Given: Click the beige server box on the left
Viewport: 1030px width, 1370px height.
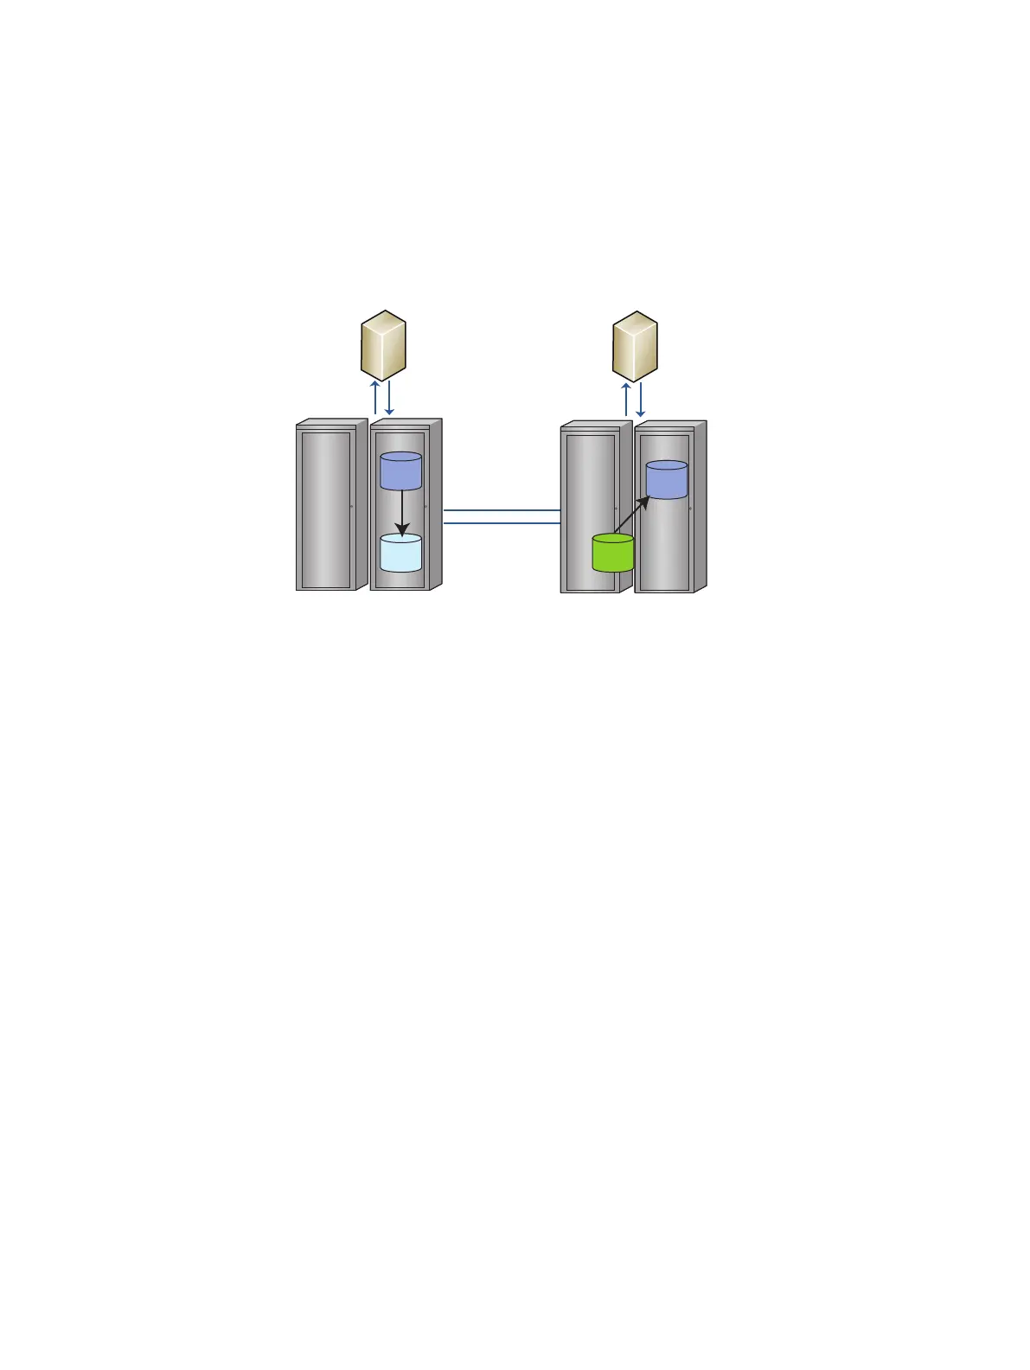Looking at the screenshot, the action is [383, 345].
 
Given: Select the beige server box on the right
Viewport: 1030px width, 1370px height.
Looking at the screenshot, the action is [635, 346].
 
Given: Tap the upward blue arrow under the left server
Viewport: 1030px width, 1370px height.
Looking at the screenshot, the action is [375, 398].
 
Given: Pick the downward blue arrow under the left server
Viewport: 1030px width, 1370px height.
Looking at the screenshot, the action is [389, 398].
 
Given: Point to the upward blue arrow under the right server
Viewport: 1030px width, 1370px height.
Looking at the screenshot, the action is [626, 399].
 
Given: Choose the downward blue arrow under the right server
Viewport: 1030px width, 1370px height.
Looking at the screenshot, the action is [640, 399].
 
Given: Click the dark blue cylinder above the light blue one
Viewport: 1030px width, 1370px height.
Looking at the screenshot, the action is [401, 471].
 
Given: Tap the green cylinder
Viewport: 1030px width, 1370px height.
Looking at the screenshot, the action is [613, 554].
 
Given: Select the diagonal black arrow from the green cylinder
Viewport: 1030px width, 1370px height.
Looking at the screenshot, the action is [631, 515].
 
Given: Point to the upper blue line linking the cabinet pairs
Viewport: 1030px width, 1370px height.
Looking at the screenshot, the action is [502, 511].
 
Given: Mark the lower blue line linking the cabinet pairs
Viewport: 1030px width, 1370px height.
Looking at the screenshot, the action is [502, 523].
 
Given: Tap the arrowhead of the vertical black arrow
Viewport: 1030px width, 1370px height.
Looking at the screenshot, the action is [402, 528].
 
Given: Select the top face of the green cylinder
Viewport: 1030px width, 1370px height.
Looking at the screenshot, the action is [613, 540].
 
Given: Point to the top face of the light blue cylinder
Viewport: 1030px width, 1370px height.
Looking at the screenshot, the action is [401, 539].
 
